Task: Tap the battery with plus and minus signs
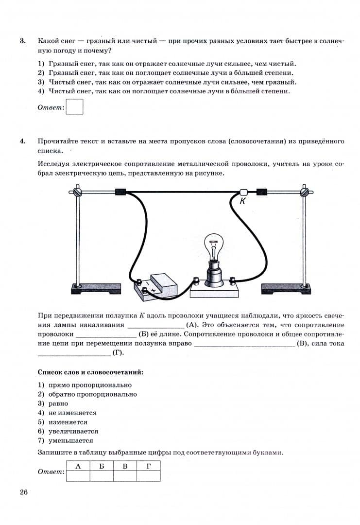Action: pyautogui.click(x=154, y=285)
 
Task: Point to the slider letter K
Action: pyautogui.click(x=242, y=201)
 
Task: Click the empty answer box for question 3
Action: pyautogui.click(x=74, y=107)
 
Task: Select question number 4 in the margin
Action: pyautogui.click(x=23, y=141)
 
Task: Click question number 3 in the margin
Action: pyautogui.click(x=23, y=41)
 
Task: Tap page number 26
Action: pyautogui.click(x=24, y=492)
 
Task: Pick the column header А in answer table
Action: pyautogui.click(x=78, y=466)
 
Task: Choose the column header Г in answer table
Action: pyautogui.click(x=148, y=466)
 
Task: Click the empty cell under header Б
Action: pyautogui.click(x=102, y=476)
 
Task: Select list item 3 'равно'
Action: pyautogui.click(x=58, y=403)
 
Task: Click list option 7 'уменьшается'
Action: pyautogui.click(x=70, y=440)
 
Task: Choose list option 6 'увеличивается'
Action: pyautogui.click(x=73, y=431)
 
